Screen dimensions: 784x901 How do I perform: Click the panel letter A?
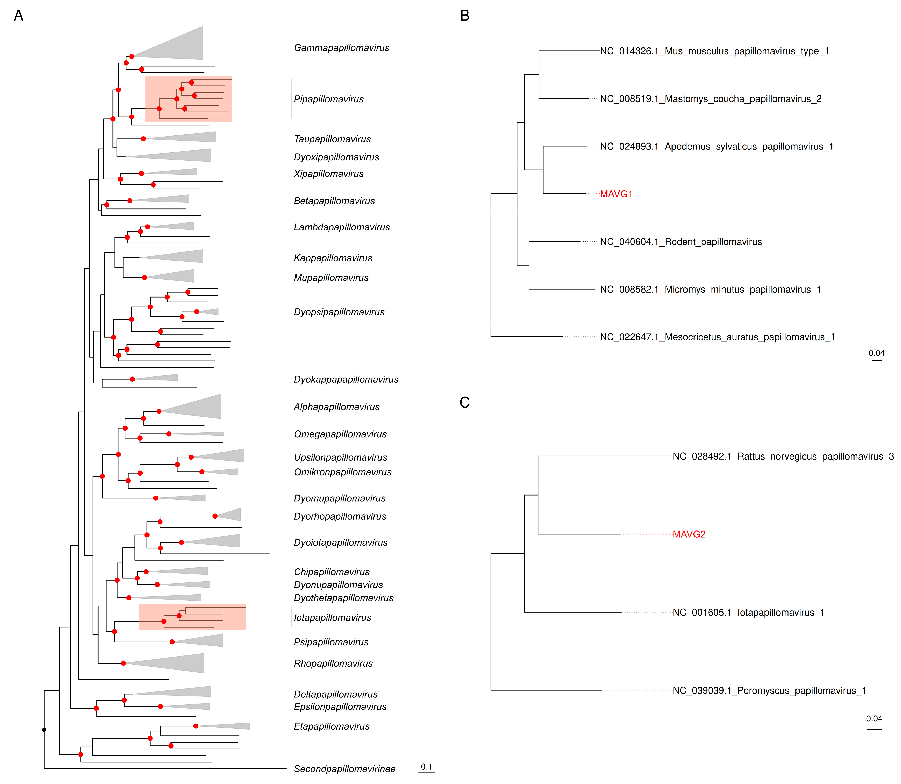click(18, 16)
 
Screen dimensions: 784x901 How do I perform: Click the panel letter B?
click(465, 16)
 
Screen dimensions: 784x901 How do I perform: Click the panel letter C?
click(465, 403)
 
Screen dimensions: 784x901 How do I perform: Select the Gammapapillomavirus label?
click(341, 48)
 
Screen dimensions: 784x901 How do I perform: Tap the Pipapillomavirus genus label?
click(329, 99)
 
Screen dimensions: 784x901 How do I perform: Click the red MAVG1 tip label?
click(616, 194)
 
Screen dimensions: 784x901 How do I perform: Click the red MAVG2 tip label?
click(689, 534)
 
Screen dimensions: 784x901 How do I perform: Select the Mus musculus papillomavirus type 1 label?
click(714, 51)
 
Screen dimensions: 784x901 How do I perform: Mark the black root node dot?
click(44, 730)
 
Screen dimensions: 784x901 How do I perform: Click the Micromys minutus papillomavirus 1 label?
click(710, 290)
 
